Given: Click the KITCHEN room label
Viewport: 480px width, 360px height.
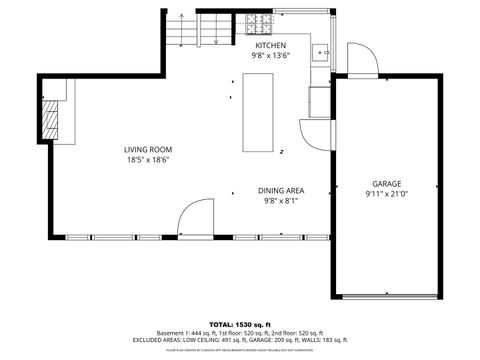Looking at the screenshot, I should tap(270, 46).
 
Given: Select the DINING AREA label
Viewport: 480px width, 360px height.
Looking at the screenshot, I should tap(281, 190).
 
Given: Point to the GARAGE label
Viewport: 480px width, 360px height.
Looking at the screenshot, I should tap(387, 184).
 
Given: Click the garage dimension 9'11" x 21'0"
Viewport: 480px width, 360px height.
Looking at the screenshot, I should tap(387, 195).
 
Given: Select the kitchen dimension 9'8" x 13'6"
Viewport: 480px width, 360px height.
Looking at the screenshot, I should tap(270, 57).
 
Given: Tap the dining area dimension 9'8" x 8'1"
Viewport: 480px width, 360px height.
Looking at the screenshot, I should tap(281, 201).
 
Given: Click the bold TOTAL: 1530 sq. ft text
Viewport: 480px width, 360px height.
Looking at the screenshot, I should tap(240, 323).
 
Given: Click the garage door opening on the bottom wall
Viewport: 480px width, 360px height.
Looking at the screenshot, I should tap(387, 297).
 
